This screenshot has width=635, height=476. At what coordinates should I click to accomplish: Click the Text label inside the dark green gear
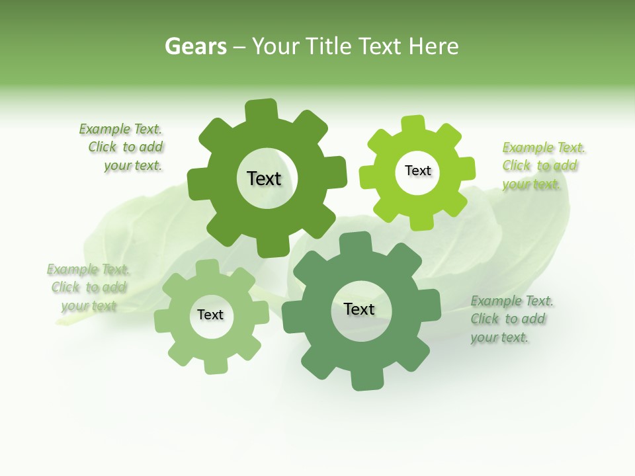coord(264,178)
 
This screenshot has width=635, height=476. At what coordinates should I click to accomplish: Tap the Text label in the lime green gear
coord(417,171)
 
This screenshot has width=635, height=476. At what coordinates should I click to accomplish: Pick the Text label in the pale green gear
coord(210,315)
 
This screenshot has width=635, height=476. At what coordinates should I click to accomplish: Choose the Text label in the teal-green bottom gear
coord(359,309)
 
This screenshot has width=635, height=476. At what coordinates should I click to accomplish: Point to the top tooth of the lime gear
coord(413,123)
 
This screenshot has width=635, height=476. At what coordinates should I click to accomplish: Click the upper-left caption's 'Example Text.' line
coord(120,129)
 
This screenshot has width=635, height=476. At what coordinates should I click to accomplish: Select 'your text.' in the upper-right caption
coord(530,184)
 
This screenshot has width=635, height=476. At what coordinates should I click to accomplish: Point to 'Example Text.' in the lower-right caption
coord(512,301)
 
